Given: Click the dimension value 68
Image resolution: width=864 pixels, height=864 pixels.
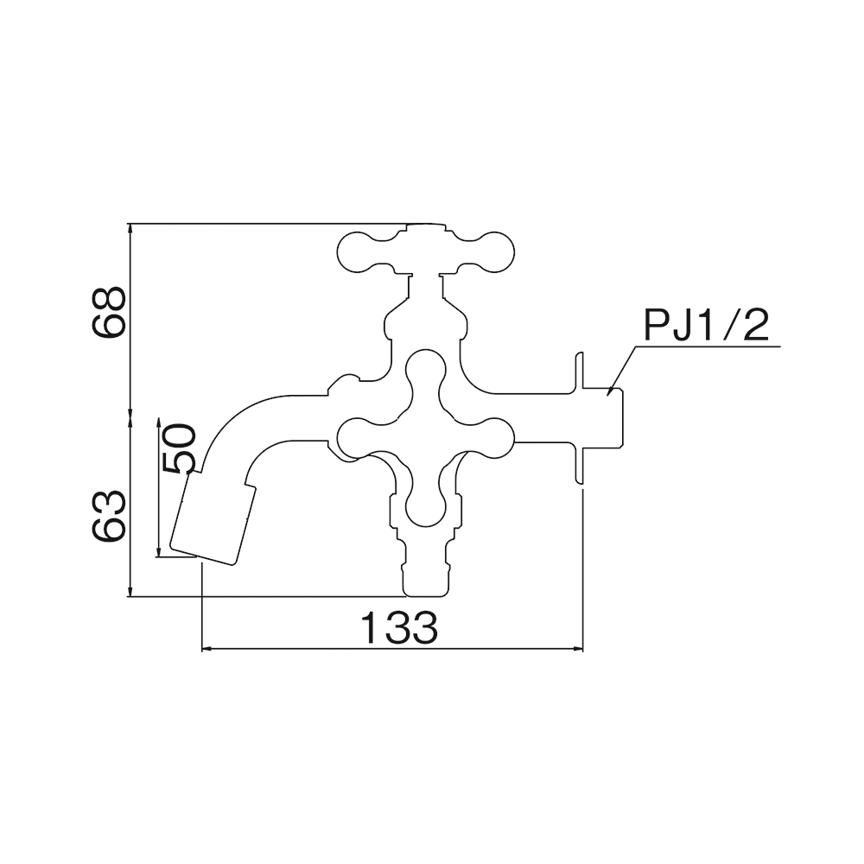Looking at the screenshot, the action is (x=109, y=312).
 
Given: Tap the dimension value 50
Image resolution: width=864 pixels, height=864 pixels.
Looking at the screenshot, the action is (x=180, y=448).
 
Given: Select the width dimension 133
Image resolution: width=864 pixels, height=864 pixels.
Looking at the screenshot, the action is (x=399, y=627).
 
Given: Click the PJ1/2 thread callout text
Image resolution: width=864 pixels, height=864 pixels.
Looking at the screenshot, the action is (x=706, y=327).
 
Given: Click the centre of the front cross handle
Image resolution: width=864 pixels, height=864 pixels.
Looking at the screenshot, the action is (x=425, y=438).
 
